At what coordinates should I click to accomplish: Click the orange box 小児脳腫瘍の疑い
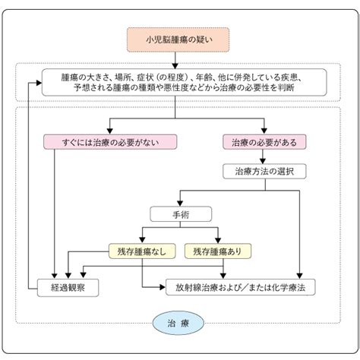coord(178,39)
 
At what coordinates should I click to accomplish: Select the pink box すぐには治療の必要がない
coord(110,142)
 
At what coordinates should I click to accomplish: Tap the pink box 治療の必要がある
coord(264,142)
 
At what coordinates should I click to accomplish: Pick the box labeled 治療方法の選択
coord(264,172)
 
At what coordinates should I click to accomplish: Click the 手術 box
coord(181,214)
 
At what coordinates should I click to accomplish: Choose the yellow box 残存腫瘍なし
coord(142,251)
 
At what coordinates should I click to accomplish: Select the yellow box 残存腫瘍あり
coord(218,251)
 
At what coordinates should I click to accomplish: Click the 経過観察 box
coord(68,288)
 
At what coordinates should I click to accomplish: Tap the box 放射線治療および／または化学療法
coord(241,287)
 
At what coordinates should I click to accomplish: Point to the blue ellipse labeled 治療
coord(178,323)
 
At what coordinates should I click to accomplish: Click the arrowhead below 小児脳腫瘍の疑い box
coord(175,66)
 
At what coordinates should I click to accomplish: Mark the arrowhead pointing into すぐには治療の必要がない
coord(109,131)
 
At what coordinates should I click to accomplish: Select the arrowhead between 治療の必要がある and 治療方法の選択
coord(263,161)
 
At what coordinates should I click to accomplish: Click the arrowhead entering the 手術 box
coord(180,204)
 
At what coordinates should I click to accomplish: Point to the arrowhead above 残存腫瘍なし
coord(142,240)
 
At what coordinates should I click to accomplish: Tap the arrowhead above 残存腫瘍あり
coord(218,240)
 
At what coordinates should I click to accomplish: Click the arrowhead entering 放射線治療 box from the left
coord(163,287)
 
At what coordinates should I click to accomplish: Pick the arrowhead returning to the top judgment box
coord(39,83)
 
